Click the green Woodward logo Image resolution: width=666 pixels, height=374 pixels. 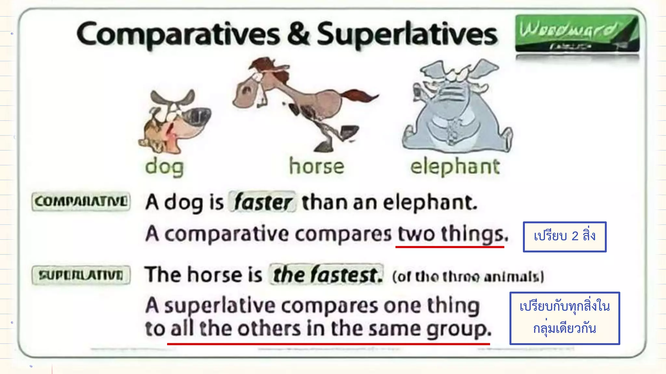(577, 33)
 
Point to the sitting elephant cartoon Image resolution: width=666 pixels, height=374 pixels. (457, 107)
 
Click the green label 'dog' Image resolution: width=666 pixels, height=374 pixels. (165, 167)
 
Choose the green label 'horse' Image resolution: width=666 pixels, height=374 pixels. (316, 166)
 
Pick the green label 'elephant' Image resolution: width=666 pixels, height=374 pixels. (455, 167)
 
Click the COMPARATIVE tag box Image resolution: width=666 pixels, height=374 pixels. (81, 202)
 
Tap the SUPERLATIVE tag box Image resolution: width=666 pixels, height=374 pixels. (81, 275)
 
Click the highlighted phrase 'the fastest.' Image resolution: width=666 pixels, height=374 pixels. (326, 275)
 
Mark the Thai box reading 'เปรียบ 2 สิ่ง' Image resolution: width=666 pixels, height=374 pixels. (565, 237)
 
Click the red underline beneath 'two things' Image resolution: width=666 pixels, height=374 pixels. (449, 247)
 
